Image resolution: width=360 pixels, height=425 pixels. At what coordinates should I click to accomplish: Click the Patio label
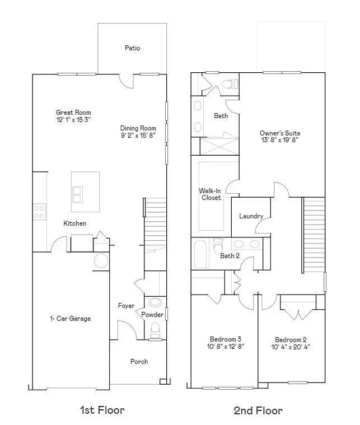tap(132, 48)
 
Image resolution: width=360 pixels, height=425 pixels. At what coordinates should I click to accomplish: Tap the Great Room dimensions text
tap(73, 120)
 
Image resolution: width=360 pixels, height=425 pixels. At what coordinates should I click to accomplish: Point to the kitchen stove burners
tap(39, 212)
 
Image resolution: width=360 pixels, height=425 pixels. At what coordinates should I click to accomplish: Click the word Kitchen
tap(74, 223)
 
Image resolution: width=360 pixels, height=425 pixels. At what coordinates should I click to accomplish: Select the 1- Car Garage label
tap(70, 319)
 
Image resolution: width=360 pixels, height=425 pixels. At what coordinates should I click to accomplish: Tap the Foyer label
tap(126, 306)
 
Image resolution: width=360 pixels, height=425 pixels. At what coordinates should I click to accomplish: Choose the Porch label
tap(139, 362)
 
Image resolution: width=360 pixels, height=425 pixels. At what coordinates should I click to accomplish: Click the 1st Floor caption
tap(102, 410)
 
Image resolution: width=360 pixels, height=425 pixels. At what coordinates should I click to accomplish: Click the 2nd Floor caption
tap(258, 410)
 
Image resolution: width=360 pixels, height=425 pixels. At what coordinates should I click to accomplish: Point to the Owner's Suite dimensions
tap(280, 141)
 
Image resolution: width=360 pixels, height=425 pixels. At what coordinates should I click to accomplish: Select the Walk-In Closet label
tap(210, 194)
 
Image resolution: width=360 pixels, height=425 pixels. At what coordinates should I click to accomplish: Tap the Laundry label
tap(251, 216)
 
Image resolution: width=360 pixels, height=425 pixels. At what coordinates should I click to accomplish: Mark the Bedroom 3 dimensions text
tap(226, 347)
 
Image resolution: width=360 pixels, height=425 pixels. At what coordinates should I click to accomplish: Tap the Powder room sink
tap(156, 302)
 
